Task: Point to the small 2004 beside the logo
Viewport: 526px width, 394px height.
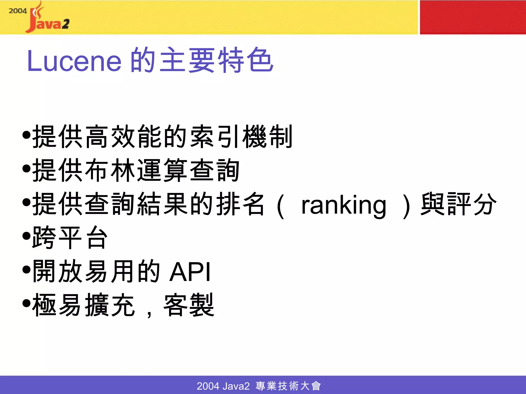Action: [17, 11]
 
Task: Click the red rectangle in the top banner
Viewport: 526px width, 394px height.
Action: [473, 17]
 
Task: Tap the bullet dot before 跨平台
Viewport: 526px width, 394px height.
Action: [26, 236]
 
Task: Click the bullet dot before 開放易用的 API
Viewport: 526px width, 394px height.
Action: [26, 270]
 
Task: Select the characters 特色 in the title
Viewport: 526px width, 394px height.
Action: [245, 60]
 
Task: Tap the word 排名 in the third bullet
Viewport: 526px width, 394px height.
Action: [240, 204]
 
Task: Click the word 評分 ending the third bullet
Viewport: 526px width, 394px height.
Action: [472, 204]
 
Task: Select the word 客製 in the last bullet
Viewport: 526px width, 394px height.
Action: [189, 305]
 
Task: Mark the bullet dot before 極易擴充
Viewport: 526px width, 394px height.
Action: [26, 303]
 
